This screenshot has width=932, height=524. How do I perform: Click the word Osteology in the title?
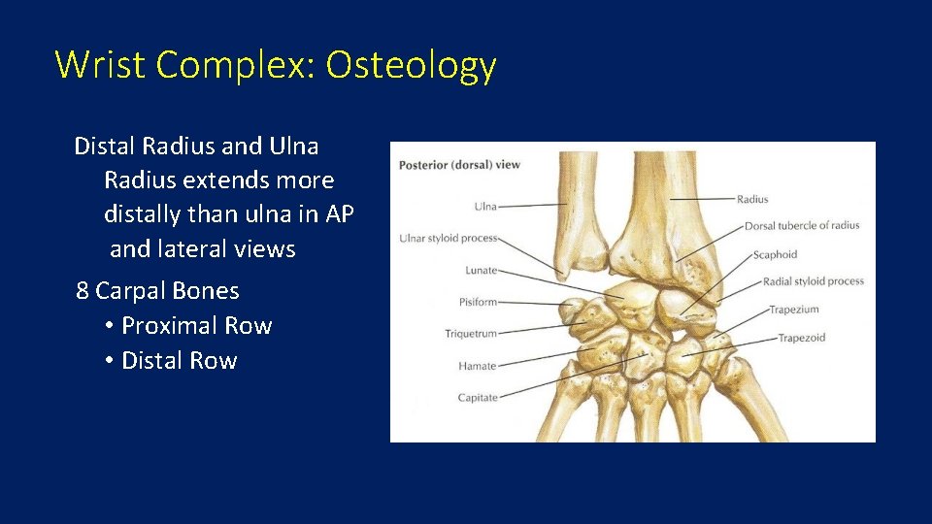pos(411,65)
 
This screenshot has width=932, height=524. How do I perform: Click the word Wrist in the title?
pos(100,65)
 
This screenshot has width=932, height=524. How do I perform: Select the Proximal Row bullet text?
pos(196,326)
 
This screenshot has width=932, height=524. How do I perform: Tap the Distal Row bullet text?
pos(179,361)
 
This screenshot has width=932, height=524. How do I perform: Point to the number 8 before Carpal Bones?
pos(83,291)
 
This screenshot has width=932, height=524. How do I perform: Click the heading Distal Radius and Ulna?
pos(196,147)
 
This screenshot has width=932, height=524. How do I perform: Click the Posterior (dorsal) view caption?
pos(459,164)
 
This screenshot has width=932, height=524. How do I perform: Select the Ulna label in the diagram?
pos(485,206)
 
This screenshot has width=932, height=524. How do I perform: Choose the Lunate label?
pos(481,270)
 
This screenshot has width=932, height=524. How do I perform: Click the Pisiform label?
pos(478,302)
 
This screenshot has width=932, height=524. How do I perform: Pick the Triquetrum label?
pos(471,334)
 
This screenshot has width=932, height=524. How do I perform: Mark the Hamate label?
pos(477,366)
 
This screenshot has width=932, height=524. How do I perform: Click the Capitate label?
pos(477,397)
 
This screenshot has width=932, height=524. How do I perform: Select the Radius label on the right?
pos(752,199)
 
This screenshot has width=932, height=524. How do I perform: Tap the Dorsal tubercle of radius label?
pos(802,226)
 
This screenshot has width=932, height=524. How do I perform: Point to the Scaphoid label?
pos(775,254)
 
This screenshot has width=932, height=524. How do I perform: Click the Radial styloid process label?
pos(813,281)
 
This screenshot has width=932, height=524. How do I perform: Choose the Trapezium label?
pos(794,310)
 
